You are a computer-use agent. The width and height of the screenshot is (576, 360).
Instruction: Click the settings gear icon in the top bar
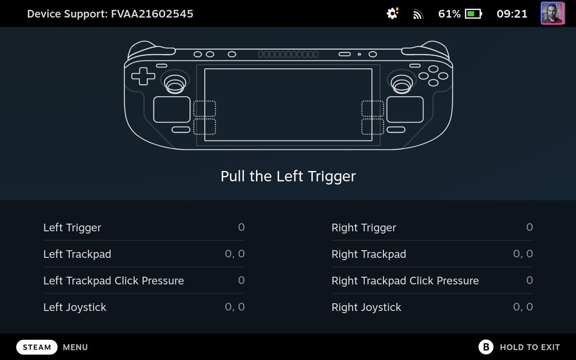(392, 13)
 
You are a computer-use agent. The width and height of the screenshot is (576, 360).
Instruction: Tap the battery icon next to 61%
(473, 13)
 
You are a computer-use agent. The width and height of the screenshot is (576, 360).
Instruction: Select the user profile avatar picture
(553, 13)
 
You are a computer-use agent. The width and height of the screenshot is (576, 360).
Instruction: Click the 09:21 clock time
(512, 13)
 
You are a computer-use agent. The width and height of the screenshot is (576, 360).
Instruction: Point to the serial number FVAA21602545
(152, 13)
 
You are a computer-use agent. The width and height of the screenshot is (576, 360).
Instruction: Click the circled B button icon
(486, 347)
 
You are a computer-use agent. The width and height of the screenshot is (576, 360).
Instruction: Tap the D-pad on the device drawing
(143, 76)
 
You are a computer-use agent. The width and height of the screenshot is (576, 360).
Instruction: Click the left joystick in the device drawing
(175, 82)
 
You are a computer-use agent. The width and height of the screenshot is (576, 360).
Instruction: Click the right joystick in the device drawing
(402, 82)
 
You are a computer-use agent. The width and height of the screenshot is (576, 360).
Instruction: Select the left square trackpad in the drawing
(172, 109)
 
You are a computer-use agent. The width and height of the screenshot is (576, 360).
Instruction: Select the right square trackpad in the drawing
(405, 109)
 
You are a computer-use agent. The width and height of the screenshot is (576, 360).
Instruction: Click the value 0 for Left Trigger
(241, 227)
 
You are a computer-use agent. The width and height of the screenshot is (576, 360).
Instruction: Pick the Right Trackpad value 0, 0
(523, 254)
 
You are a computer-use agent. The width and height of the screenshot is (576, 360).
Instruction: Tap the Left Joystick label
(75, 307)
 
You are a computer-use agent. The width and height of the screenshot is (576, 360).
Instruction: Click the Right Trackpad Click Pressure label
(405, 280)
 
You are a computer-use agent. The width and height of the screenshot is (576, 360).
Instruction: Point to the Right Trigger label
(364, 228)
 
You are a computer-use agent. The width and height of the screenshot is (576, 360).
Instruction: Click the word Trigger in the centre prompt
(332, 177)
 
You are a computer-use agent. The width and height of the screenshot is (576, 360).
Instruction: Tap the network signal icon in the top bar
(418, 14)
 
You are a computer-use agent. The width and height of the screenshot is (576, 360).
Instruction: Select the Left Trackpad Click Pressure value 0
(241, 280)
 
